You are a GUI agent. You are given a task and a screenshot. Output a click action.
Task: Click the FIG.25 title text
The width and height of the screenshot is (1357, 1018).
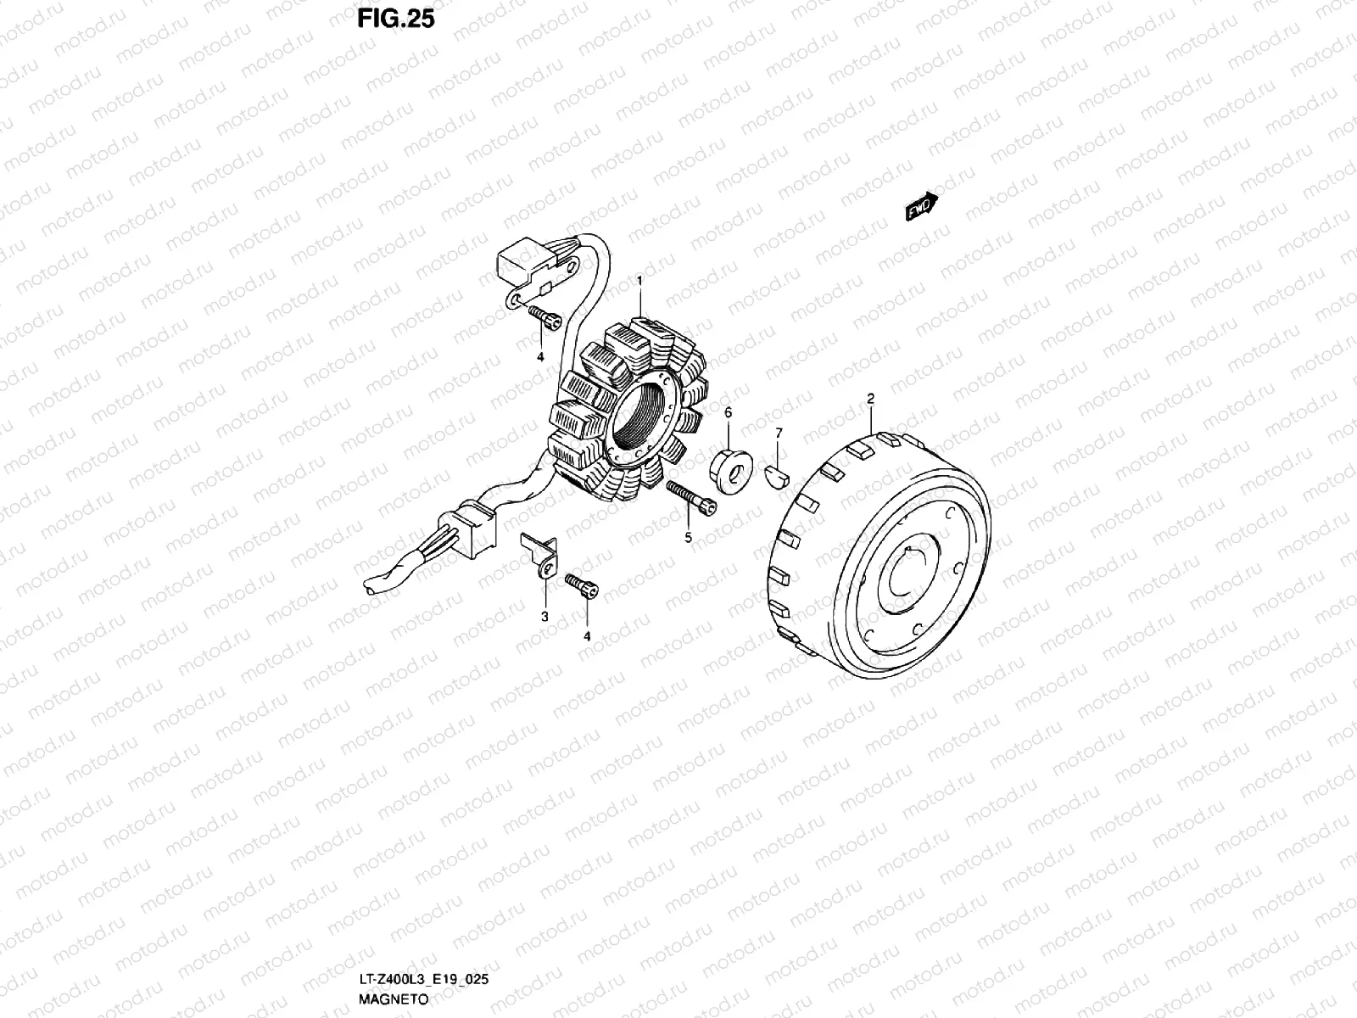(395, 19)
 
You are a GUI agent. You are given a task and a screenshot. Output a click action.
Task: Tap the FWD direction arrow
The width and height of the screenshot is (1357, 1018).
(922, 206)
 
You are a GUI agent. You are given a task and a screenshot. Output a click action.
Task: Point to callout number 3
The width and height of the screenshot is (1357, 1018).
(544, 616)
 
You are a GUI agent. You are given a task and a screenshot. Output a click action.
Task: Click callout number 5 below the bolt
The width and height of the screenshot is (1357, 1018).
(689, 538)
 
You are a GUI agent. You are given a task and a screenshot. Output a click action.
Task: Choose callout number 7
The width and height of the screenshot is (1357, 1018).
(779, 433)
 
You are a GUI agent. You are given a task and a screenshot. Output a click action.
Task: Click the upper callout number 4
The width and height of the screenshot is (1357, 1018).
(539, 357)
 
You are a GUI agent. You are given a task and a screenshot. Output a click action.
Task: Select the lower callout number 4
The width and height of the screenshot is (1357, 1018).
(586, 635)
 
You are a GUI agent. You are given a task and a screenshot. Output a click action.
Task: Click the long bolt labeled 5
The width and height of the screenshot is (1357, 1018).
(692, 498)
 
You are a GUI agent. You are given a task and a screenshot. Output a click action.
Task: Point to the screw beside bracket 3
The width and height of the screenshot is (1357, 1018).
(582, 586)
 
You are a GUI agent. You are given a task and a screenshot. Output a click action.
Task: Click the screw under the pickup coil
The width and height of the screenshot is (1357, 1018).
(544, 317)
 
